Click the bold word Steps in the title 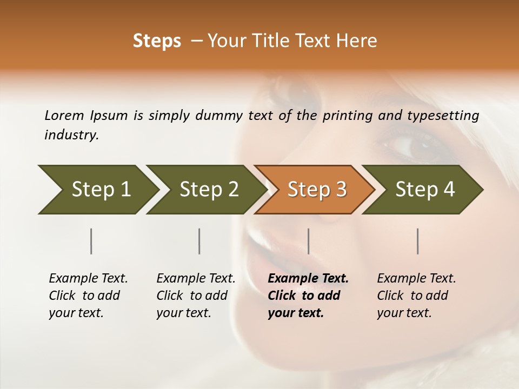pos(157,41)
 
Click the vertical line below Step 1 pos(91,241)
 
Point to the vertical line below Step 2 pos(199,241)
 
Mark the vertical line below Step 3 pos(309,241)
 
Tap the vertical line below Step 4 pos(418,241)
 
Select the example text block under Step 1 pos(88,295)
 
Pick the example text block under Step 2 pos(196,295)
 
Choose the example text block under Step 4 pos(416,295)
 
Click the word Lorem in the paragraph pos(64,115)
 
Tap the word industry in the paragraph pos(71,135)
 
